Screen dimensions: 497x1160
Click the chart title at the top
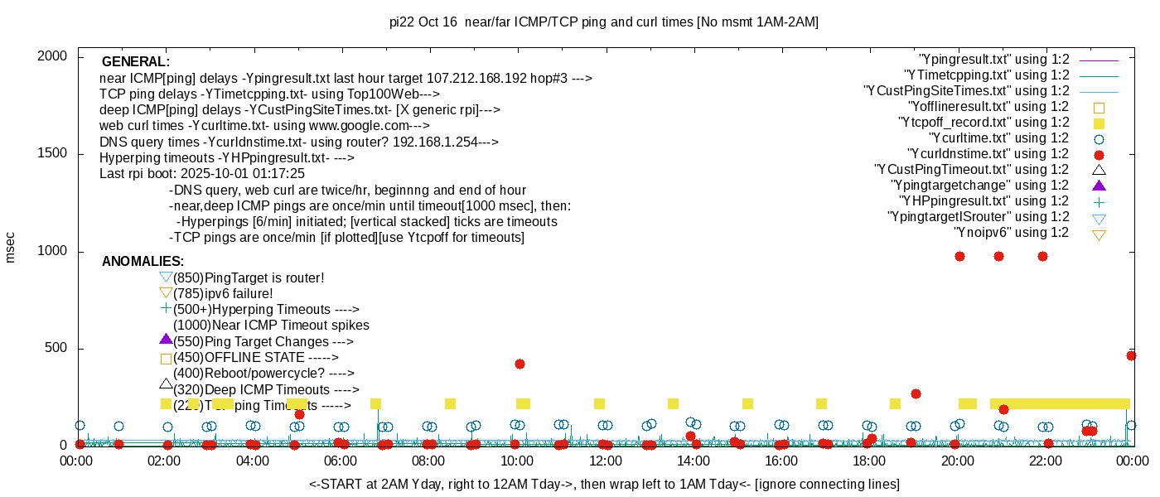click(604, 22)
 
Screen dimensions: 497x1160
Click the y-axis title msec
click(11, 247)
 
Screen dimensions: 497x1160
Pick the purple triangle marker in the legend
click(1099, 186)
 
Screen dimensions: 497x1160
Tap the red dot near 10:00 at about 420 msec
click(520, 364)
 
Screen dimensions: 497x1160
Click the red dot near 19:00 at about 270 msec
click(916, 393)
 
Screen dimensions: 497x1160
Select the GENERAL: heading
click(136, 62)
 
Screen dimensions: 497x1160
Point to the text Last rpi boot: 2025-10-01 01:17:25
click(202, 174)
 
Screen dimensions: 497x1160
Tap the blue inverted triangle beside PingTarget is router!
click(166, 277)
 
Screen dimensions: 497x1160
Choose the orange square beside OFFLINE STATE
click(166, 359)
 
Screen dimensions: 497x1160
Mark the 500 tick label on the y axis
click(54, 349)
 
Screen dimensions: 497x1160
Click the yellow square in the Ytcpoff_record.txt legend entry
click(1099, 123)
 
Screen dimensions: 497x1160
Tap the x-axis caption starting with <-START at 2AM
click(604, 484)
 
